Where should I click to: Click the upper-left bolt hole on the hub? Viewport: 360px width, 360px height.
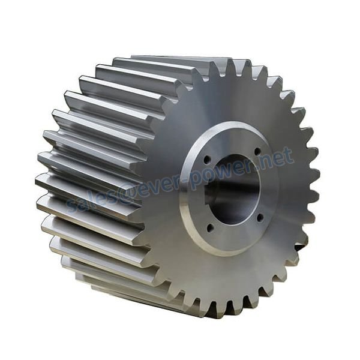(x=208, y=160)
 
